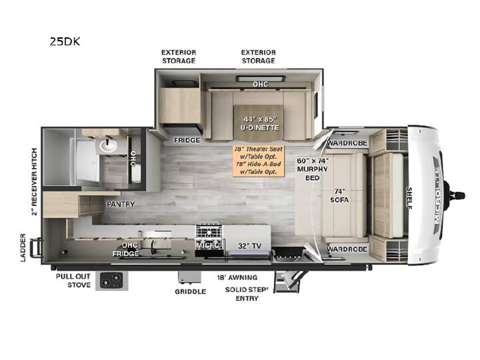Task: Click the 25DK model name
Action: click(x=65, y=41)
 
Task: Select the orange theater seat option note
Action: click(x=259, y=160)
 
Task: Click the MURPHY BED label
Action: click(x=313, y=169)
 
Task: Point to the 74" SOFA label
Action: click(x=339, y=195)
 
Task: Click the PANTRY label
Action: click(x=121, y=204)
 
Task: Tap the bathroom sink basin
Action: click(x=108, y=146)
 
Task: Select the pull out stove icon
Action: click(x=112, y=281)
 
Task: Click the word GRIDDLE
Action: click(x=191, y=291)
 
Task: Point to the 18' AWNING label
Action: click(x=237, y=277)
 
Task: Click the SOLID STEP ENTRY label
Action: click(x=247, y=294)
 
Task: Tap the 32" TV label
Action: click(x=249, y=246)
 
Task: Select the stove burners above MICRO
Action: click(x=209, y=231)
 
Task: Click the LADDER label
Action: click(x=23, y=247)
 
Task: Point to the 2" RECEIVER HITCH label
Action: click(x=34, y=182)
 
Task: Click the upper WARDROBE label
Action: click(x=347, y=143)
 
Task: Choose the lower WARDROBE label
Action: click(x=347, y=249)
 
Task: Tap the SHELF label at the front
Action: click(x=409, y=199)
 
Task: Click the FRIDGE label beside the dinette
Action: click(x=187, y=140)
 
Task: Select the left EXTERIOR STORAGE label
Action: click(x=179, y=57)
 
